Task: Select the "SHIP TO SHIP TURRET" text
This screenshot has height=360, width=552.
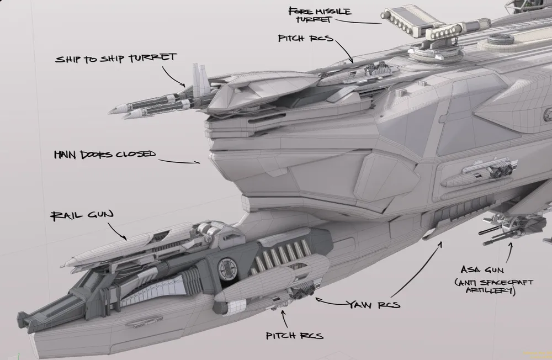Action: click(x=115, y=58)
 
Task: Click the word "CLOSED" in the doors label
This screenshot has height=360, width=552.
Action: click(x=135, y=154)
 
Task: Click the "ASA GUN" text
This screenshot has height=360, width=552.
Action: click(x=479, y=270)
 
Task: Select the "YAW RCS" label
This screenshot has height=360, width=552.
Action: click(x=374, y=304)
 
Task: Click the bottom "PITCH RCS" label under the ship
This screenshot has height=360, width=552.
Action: click(x=294, y=336)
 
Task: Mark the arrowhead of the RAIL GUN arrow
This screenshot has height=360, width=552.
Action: click(x=125, y=239)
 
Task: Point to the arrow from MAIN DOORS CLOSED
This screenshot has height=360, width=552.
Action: click(x=179, y=161)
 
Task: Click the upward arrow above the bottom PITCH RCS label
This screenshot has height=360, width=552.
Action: click(x=284, y=317)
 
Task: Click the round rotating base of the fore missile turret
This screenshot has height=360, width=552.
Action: click(x=425, y=54)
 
